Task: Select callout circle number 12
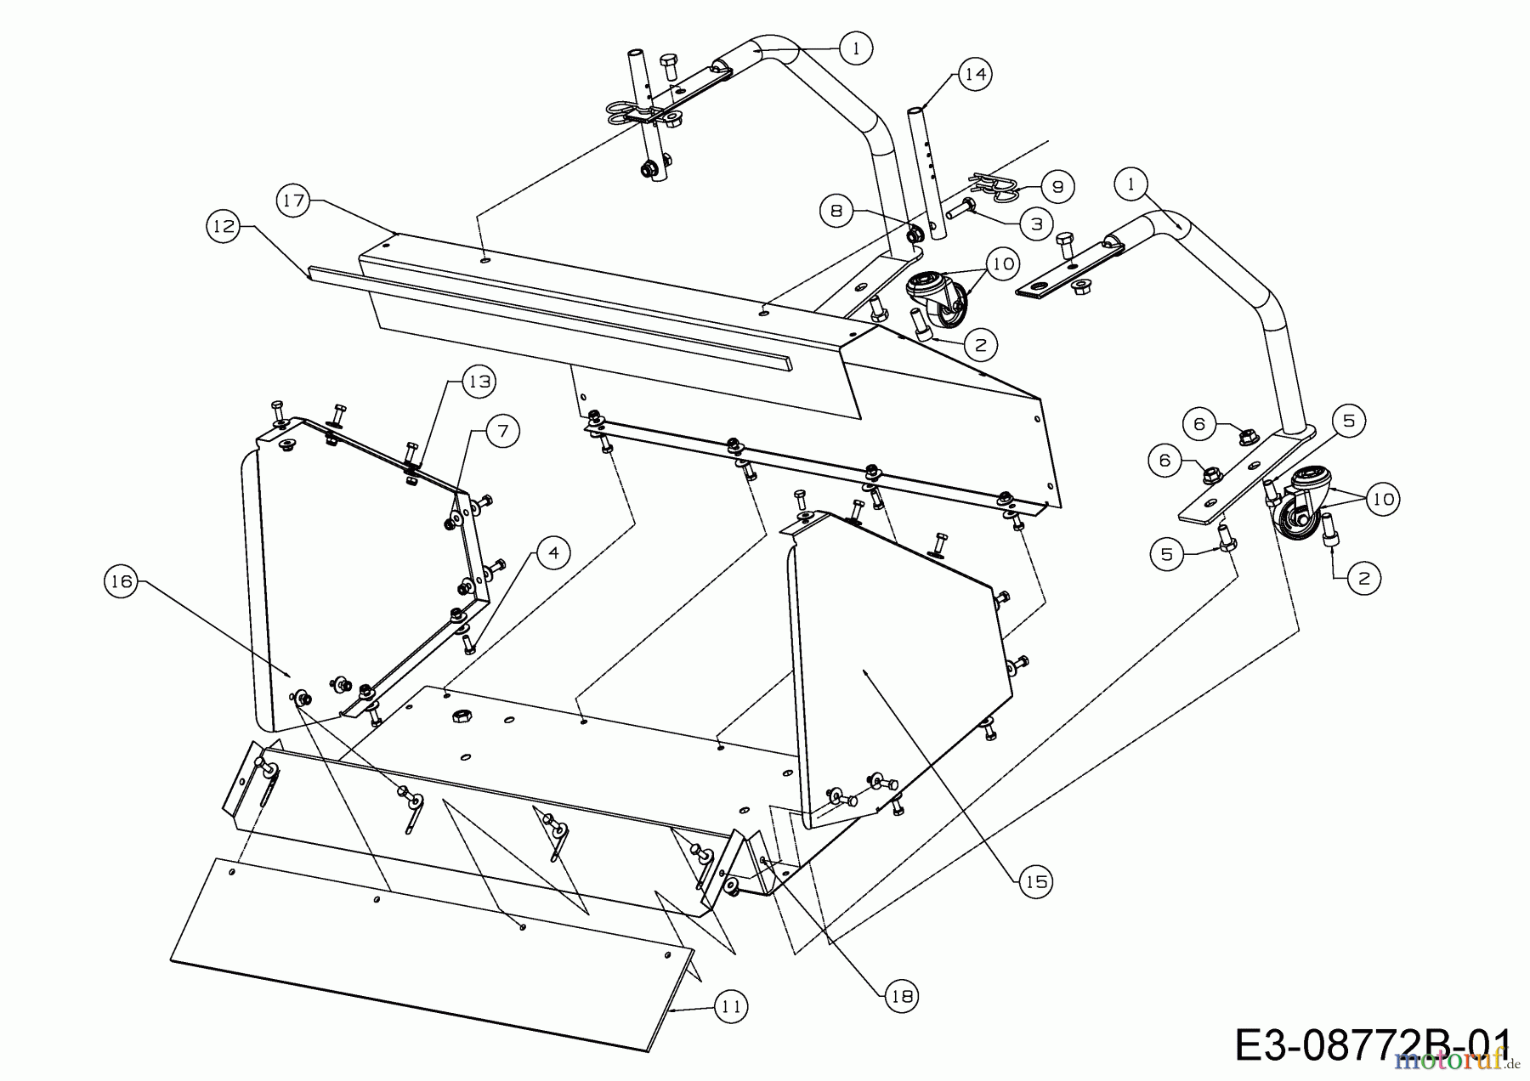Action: (224, 227)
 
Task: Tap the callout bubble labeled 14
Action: (975, 75)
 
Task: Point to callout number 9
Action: (1057, 187)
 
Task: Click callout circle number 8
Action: (836, 210)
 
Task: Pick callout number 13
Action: (479, 382)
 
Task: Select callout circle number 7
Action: (502, 432)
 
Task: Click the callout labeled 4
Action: (553, 553)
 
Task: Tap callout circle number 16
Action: (122, 581)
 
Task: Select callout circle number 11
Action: (729, 1008)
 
